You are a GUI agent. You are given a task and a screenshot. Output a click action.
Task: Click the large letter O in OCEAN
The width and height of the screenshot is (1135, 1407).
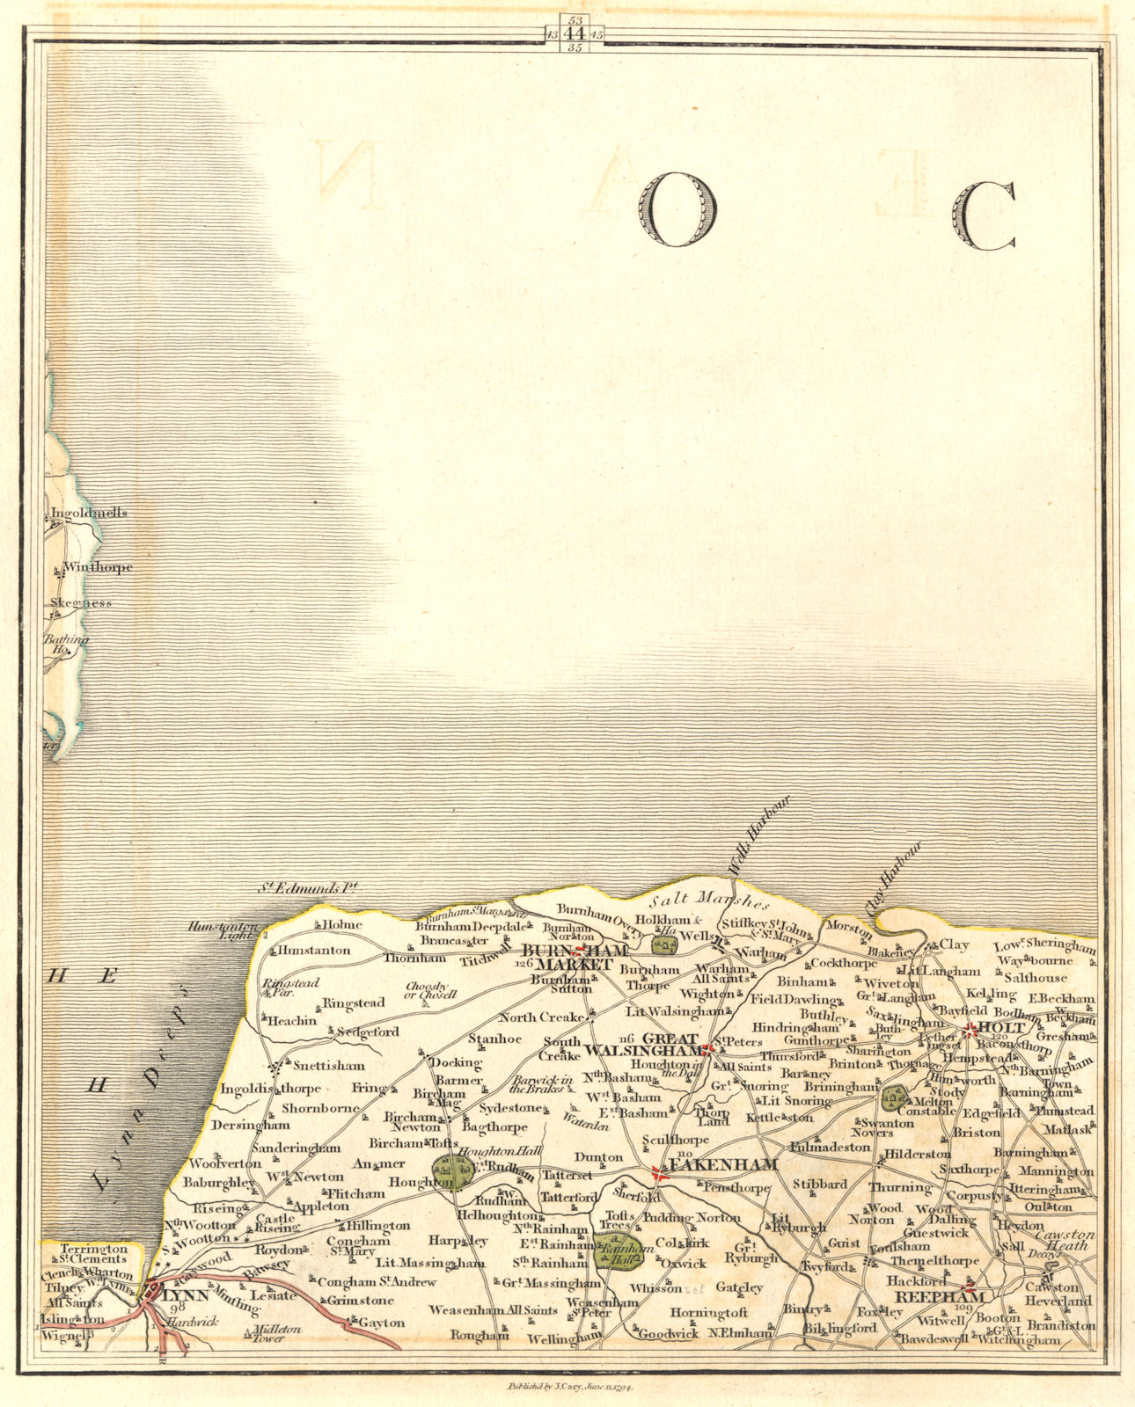coord(679,209)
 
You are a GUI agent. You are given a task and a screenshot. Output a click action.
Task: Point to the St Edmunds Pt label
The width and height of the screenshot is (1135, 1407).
coord(303,891)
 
